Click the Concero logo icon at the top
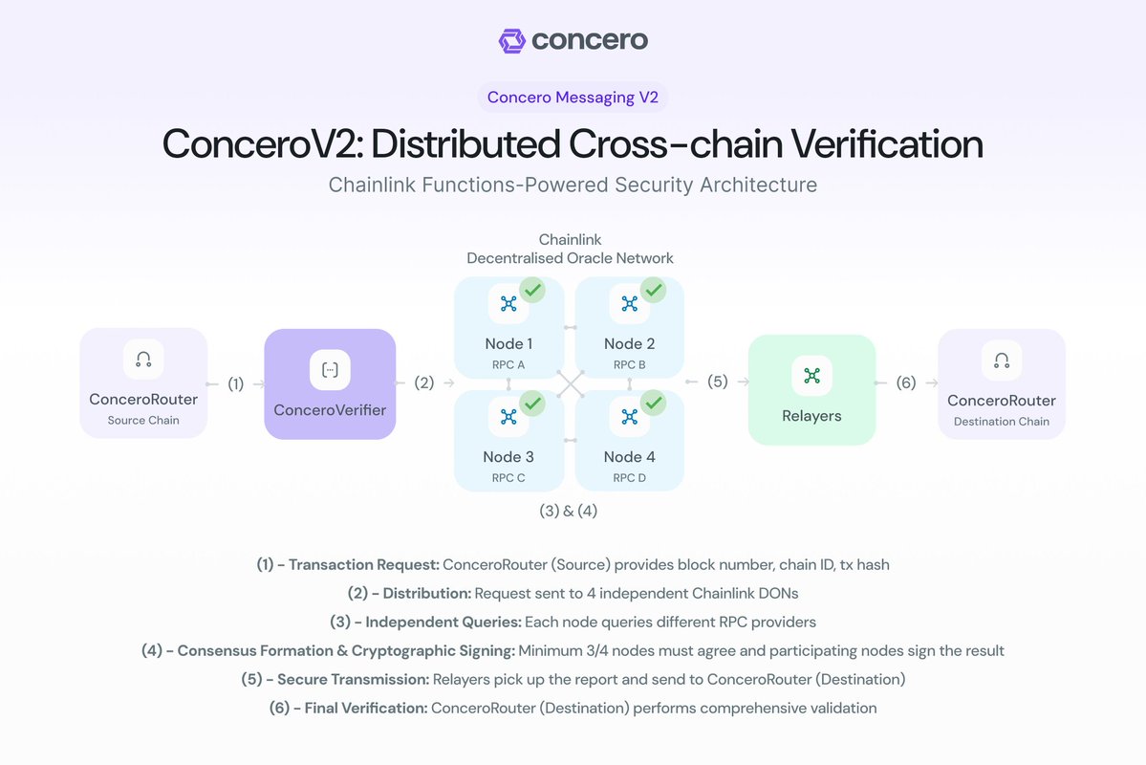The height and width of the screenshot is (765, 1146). [x=512, y=40]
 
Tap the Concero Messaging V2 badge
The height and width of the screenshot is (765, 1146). [x=573, y=97]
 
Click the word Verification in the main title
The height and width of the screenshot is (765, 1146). [x=869, y=144]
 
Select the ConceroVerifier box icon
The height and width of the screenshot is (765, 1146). [x=330, y=369]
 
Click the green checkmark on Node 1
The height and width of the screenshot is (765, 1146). [x=531, y=290]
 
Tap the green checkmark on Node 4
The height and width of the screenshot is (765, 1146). [x=653, y=404]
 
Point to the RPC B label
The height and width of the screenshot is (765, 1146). [x=629, y=365]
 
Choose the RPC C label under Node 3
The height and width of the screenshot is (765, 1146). [x=508, y=478]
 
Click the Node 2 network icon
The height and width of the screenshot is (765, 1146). [x=629, y=304]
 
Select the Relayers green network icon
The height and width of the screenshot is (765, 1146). [x=811, y=376]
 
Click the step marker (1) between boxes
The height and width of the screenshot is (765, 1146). [x=235, y=384]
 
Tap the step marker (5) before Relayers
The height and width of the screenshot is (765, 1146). [x=717, y=382]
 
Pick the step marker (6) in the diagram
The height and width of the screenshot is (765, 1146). [x=906, y=383]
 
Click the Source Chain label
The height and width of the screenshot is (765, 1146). [x=143, y=421]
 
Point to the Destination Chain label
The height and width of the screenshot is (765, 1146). [x=1002, y=422]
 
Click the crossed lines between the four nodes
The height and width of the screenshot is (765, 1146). [x=570, y=383]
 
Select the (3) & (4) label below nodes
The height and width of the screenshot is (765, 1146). [x=569, y=511]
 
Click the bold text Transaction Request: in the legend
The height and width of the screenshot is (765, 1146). [x=363, y=565]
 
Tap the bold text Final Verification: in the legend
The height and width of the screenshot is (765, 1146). [x=365, y=709]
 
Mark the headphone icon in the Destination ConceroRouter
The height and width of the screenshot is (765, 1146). [x=1001, y=361]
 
